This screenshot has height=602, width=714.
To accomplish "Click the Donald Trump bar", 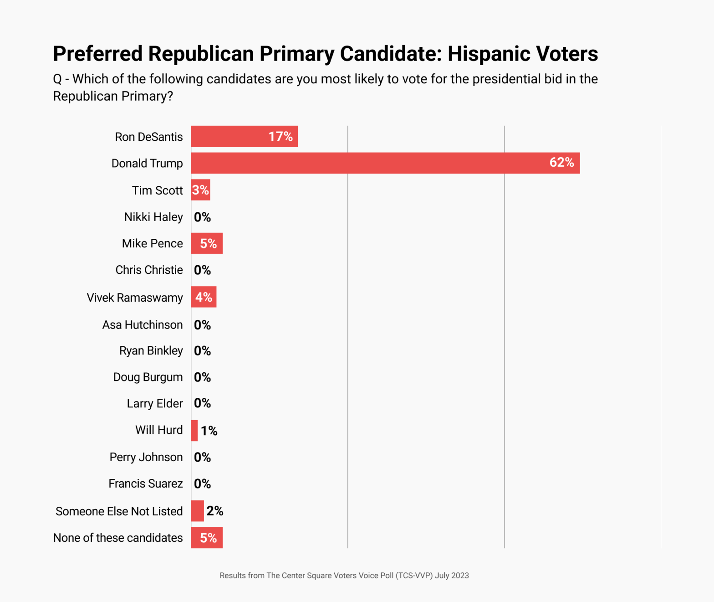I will [385, 163].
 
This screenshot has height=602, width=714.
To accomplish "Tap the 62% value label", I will [561, 162].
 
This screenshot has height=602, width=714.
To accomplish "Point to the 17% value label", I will [280, 136].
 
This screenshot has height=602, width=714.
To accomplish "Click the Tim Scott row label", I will [157, 190].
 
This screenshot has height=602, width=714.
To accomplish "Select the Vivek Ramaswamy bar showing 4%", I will [204, 297].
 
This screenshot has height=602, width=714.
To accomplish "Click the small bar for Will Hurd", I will [194, 431].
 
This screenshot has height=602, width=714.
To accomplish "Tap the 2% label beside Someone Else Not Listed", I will [214, 511].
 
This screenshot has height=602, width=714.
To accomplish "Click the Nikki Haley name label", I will [153, 217].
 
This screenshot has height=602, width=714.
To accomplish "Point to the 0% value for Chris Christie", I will [202, 270].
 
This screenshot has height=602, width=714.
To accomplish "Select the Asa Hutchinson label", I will [143, 325].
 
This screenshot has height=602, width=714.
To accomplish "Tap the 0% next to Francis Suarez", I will [202, 484].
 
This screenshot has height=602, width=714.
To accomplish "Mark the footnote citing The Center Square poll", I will [344, 576].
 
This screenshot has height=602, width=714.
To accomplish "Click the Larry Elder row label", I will [155, 404].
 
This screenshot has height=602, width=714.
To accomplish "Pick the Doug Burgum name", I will [148, 377].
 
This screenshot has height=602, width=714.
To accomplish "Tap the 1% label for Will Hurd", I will [209, 431].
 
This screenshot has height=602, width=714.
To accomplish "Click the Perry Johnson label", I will [146, 457].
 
